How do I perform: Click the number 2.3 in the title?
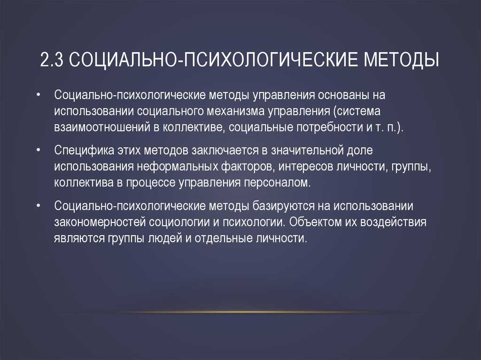pyautogui.click(x=52, y=59)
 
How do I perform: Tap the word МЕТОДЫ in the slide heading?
pyautogui.click(x=402, y=60)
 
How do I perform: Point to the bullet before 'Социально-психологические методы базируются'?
pyautogui.click(x=38, y=206)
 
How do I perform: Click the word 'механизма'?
pyautogui.click(x=235, y=111)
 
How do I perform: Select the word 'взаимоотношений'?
pyautogui.click(x=102, y=127)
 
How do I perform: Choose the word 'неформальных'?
pyautogui.click(x=177, y=167)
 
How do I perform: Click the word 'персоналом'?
pyautogui.click(x=277, y=183)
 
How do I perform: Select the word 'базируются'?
pyautogui.click(x=283, y=206)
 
